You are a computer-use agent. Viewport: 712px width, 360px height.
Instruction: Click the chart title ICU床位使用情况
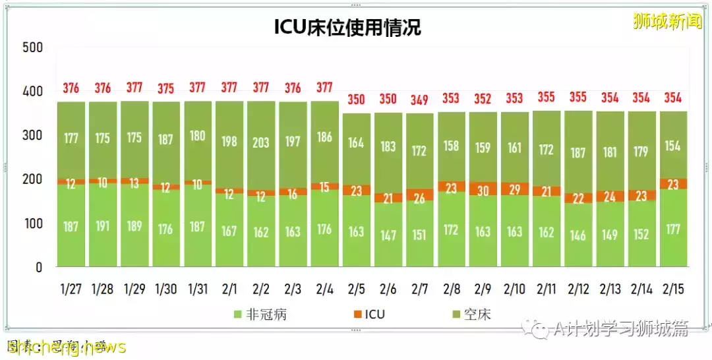(347, 27)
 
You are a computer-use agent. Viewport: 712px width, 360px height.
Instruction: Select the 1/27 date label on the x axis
(71, 288)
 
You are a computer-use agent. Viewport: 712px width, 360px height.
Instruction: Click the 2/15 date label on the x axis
(673, 288)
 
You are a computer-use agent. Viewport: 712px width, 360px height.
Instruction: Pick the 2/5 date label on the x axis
(356, 288)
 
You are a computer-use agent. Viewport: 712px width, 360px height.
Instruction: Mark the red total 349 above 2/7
(419, 100)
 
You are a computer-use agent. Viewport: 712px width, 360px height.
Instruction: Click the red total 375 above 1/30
(166, 89)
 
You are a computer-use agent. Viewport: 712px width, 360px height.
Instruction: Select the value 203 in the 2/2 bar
(261, 142)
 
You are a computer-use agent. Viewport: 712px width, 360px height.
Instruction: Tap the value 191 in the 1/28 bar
(103, 226)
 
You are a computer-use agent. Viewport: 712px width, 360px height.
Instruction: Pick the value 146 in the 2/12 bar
(578, 235)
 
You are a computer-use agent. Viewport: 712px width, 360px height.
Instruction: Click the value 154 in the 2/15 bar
(673, 146)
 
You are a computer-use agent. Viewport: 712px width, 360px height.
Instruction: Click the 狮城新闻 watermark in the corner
(667, 21)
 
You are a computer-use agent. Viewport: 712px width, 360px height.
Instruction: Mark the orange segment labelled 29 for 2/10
(514, 189)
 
